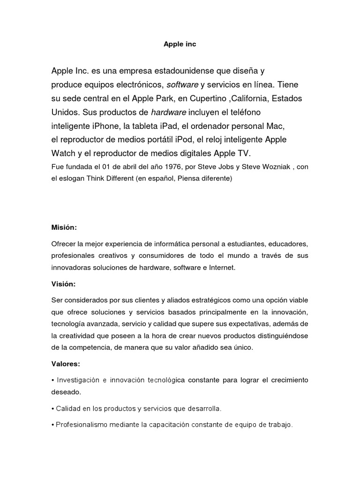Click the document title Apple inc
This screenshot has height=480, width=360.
coord(180,45)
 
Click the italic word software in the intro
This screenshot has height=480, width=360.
coord(182,85)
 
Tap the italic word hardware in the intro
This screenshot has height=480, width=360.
coord(168,112)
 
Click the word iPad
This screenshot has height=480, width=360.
coord(168,126)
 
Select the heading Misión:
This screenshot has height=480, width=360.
coord(64,227)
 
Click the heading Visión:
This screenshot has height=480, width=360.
coord(63,284)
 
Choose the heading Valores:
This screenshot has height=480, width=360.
coord(66,363)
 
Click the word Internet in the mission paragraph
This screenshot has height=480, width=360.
coord(222,268)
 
